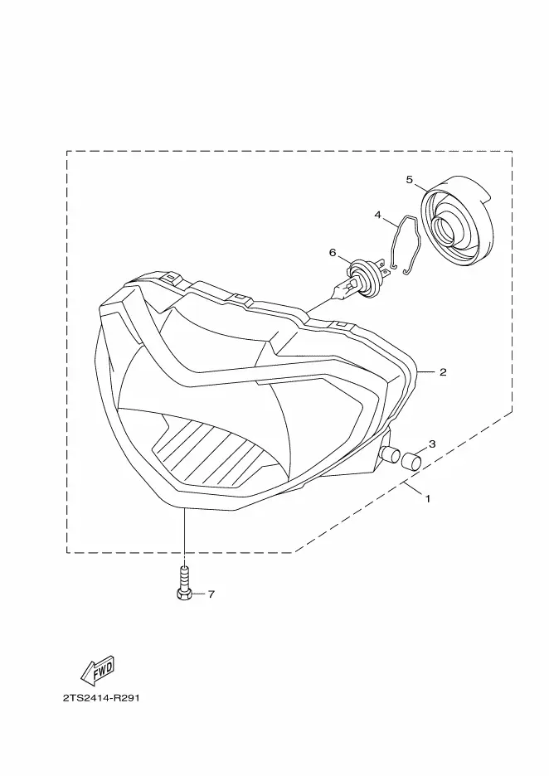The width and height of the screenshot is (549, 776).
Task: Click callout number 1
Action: tap(427, 499)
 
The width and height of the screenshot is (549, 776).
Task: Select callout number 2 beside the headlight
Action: tap(443, 372)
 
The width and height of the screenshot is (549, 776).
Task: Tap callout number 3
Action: tap(431, 444)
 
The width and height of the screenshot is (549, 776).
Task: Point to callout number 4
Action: tap(378, 214)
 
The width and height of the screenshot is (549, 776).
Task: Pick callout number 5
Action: tap(410, 179)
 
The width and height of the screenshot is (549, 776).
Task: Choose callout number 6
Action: tap(333, 252)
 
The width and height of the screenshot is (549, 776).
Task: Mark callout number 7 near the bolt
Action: tap(211, 594)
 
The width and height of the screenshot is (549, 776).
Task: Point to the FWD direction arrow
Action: tap(97, 668)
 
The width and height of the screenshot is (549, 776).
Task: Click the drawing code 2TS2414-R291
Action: tap(100, 697)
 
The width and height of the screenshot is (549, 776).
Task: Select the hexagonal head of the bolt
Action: tap(184, 594)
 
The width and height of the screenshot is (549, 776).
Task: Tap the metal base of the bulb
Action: tap(338, 290)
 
